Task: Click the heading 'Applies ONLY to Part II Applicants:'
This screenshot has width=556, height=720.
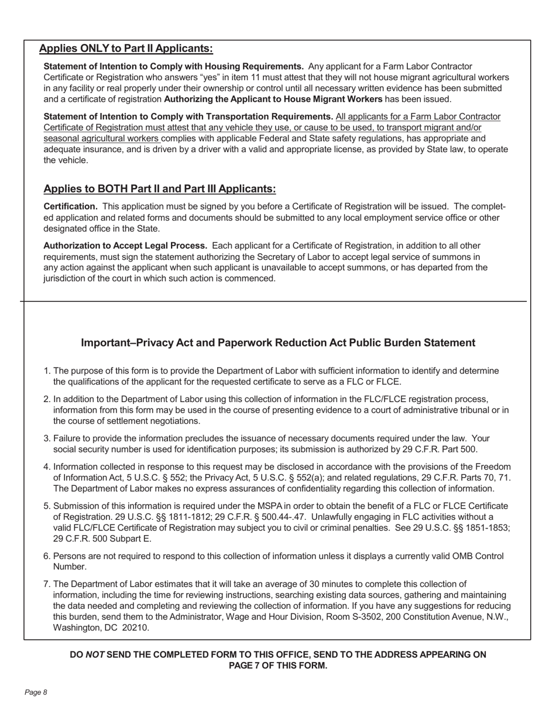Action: coord(126,49)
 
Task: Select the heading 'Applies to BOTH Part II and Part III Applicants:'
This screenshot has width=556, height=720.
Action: coord(159,188)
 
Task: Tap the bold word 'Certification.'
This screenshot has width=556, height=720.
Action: coord(70,207)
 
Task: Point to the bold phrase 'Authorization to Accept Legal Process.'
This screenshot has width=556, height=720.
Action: coord(125,245)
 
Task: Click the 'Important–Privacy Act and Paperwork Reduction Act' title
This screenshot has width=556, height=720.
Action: coord(277,343)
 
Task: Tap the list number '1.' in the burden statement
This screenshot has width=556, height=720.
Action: coord(47,371)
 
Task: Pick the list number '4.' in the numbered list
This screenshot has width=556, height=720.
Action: coord(47,467)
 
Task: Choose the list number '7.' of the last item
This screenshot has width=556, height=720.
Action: coord(47,584)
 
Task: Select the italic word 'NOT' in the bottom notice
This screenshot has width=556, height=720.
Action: coord(95,654)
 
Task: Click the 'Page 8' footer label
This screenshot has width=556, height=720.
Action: coord(36,692)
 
